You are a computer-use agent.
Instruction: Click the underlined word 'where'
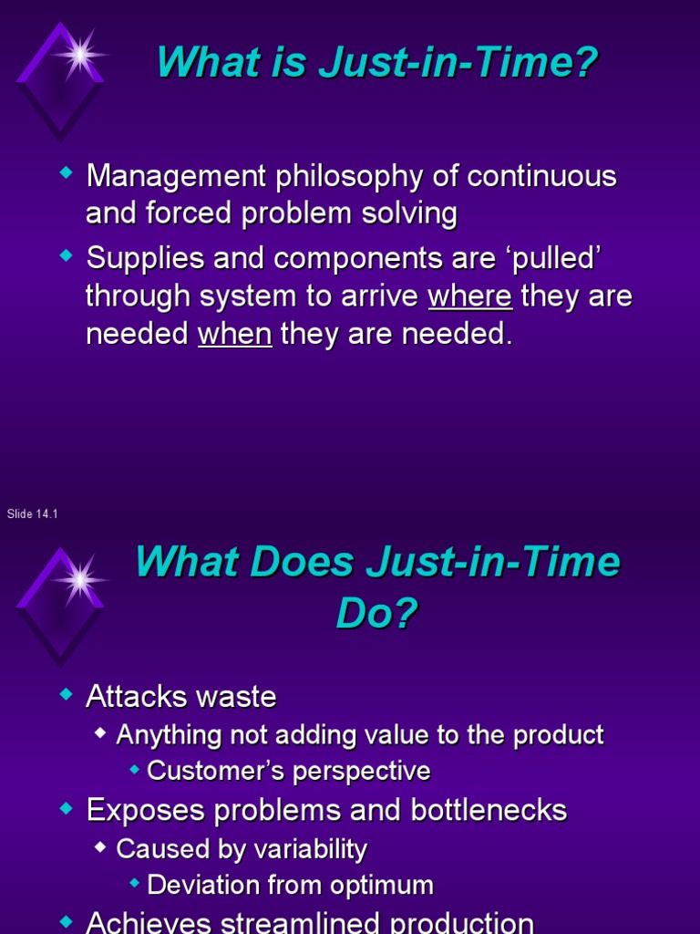(470, 296)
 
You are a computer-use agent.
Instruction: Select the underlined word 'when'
(234, 334)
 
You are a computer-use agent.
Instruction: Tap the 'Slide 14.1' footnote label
(33, 514)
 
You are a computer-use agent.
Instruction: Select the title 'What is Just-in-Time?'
(377, 63)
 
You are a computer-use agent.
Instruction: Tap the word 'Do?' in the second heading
(376, 614)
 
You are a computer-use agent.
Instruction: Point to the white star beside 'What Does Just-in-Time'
(79, 578)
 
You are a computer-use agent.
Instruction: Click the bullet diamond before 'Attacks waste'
(65, 696)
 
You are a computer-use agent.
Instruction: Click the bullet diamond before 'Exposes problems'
(65, 809)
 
